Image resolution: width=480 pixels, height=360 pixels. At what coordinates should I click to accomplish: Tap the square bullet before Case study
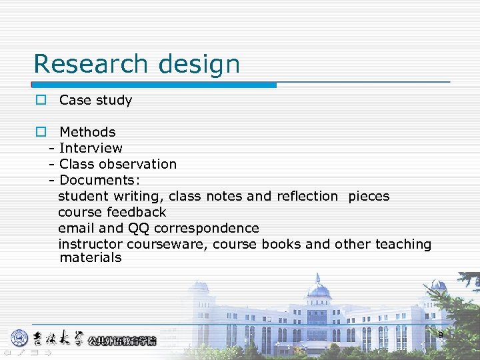[41, 100]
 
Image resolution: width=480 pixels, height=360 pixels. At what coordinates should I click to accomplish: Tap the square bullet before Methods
[41, 132]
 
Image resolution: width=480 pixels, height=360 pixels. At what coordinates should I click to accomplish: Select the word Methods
[87, 132]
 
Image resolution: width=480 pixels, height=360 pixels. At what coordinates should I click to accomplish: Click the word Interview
[91, 148]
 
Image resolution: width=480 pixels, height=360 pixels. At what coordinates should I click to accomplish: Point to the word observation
[139, 164]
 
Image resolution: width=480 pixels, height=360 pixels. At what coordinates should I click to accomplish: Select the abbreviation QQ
[139, 228]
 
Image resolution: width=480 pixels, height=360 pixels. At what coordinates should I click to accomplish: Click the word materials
[91, 258]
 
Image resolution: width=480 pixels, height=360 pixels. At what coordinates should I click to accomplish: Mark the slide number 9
[440, 334]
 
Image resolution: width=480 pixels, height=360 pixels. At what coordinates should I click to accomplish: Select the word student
[83, 196]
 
